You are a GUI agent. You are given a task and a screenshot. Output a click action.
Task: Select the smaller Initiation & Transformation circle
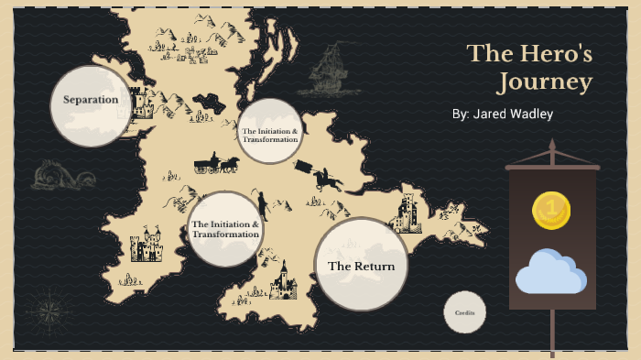coord(269,132)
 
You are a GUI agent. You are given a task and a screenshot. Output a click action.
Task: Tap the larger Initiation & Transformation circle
coord(224,229)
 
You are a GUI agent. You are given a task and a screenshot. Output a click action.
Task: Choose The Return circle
coord(361,266)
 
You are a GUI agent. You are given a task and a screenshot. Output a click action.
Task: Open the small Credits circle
coord(464,313)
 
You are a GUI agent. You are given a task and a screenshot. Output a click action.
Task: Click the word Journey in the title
coord(544,83)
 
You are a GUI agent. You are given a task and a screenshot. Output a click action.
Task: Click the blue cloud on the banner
coord(550,272)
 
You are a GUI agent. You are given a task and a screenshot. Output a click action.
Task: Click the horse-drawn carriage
coord(216,164)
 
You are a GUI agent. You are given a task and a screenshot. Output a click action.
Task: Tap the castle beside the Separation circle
coord(141,103)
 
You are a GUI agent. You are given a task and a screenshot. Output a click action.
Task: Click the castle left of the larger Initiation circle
coord(146,248)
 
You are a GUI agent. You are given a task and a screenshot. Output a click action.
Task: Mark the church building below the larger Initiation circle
coord(285,280)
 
